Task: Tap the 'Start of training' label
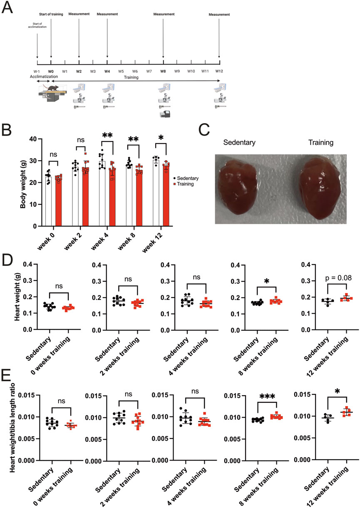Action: (x=51, y=14)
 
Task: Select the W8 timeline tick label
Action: (x=163, y=71)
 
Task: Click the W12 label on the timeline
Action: (x=219, y=71)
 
